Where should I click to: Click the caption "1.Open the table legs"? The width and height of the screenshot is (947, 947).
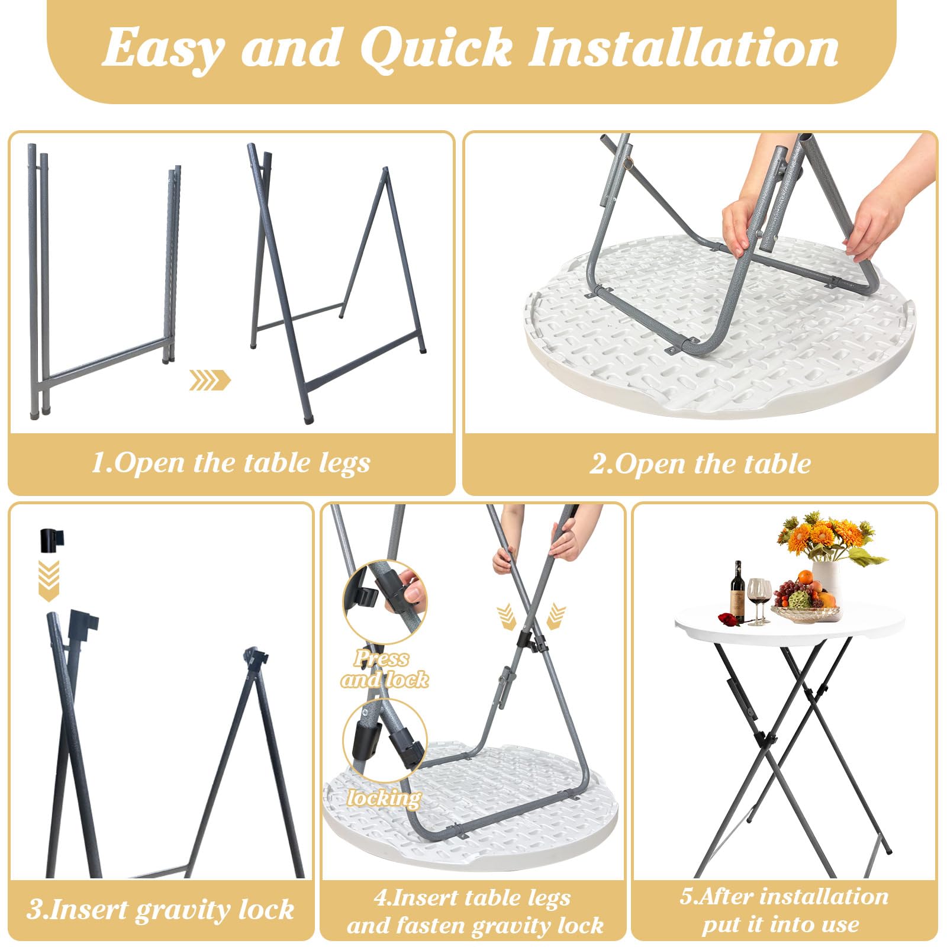pyautogui.click(x=231, y=462)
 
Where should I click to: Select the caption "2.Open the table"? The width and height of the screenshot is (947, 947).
pyautogui.click(x=700, y=463)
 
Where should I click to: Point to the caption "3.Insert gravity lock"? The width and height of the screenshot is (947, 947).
pyautogui.click(x=160, y=910)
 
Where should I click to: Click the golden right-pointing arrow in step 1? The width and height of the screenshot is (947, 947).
pyautogui.click(x=210, y=380)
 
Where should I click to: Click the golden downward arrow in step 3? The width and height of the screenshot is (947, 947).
pyautogui.click(x=49, y=581)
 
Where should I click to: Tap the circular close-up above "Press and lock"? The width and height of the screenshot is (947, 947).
pyautogui.click(x=385, y=603)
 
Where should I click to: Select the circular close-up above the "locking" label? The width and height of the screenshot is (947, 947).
pyautogui.click(x=385, y=739)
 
